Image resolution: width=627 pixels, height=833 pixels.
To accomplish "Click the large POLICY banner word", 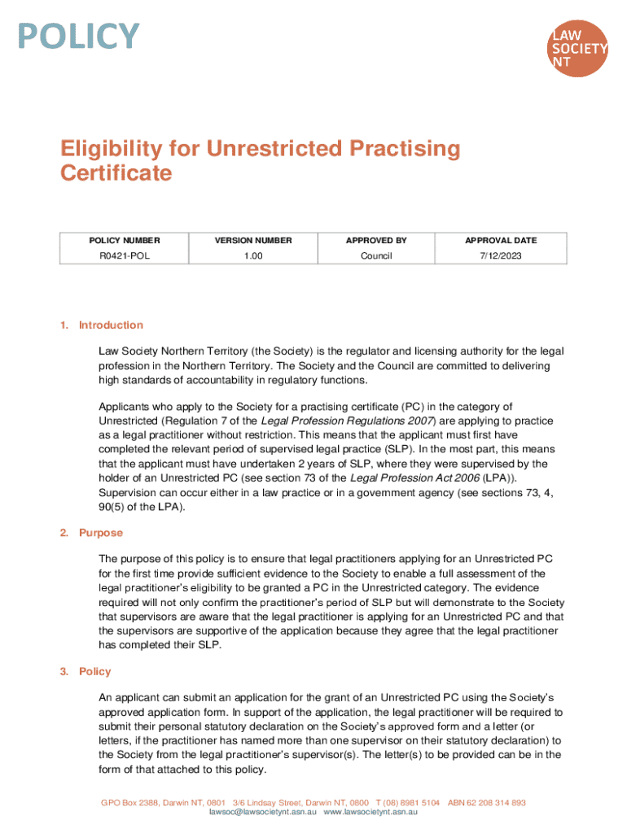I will [80, 37].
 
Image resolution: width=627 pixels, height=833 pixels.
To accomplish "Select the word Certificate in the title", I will [116, 173].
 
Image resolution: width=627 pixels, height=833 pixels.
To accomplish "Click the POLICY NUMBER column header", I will [125, 240].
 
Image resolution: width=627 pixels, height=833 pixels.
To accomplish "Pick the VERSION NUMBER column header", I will [252, 240].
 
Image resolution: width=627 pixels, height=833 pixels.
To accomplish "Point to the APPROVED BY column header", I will [376, 240].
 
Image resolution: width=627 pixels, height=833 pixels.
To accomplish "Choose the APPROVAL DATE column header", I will [501, 240].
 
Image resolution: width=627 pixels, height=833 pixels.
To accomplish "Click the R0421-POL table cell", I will [125, 256].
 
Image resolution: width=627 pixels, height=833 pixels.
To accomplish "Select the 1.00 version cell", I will [252, 256].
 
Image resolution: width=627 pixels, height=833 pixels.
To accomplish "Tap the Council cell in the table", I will [376, 256].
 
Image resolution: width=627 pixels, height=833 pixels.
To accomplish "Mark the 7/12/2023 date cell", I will [501, 256].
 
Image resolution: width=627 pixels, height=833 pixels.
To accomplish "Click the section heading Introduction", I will [111, 325].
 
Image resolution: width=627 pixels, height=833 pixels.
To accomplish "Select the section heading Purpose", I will [101, 533].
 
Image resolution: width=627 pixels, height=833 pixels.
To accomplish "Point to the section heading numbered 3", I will [94, 671].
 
